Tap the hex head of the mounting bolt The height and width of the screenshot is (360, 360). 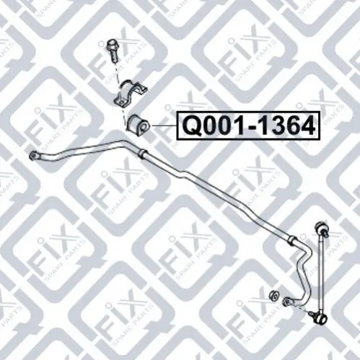pos(110,44)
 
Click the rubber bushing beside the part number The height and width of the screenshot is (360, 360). pos(138,125)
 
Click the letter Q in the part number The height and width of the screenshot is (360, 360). pos(193,126)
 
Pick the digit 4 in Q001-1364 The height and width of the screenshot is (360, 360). pos(305,126)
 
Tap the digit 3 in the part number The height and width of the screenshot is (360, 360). pos(267,126)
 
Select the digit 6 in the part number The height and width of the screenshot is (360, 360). pos(286,126)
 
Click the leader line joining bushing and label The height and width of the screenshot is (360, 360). pos(164,126)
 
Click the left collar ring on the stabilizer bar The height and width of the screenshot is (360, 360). pos(142,154)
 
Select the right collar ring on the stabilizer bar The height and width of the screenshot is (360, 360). pos(293,240)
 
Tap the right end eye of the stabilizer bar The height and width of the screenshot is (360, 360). pos(287,301)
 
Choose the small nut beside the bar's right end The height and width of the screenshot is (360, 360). pos(273,295)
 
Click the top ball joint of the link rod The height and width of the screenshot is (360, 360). pos(321,228)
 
